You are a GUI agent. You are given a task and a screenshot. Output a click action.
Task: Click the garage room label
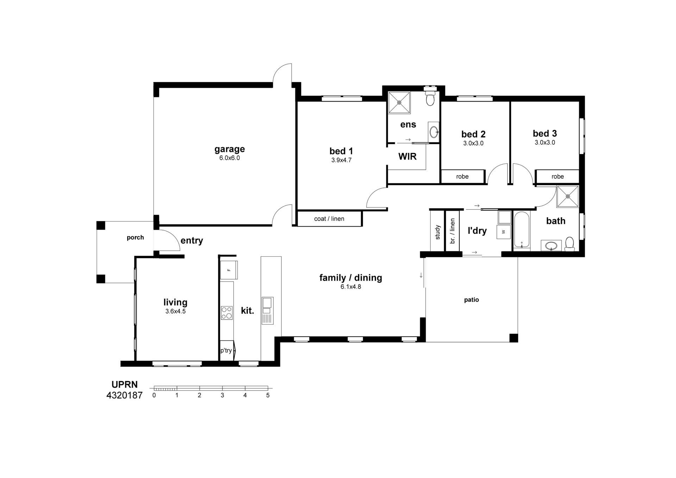[230, 149]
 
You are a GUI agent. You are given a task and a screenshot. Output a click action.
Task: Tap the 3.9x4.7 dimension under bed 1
[341, 160]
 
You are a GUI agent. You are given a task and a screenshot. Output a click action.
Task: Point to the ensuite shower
[399, 103]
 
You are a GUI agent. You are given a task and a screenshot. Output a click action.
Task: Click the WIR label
[407, 157]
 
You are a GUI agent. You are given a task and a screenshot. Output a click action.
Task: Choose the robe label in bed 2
[462, 177]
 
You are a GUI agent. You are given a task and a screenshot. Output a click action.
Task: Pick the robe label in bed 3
[558, 177]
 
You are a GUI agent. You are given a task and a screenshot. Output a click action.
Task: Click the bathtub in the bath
[522, 229]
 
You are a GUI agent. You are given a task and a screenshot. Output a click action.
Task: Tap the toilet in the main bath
[569, 244]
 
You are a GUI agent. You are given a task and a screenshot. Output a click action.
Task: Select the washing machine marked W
[503, 232]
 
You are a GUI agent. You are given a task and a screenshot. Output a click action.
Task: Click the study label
[438, 232]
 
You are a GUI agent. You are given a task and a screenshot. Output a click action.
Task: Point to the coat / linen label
[329, 219]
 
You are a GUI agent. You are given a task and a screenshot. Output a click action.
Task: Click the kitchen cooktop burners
[227, 313]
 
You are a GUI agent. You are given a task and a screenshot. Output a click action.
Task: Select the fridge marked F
[229, 270]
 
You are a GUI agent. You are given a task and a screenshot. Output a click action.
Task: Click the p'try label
[226, 350]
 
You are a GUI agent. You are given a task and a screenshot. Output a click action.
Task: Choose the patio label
[471, 300]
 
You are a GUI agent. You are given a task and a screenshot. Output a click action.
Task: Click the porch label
[135, 238]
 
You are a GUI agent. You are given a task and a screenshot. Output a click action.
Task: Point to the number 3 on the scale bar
[222, 396]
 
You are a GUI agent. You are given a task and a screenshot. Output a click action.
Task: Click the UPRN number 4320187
[124, 396]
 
